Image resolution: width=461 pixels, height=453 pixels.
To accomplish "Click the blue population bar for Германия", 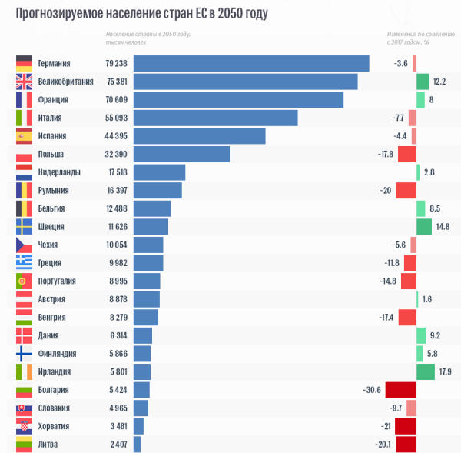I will click(x=251, y=63).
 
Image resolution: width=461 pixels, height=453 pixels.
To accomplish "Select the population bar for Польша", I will click(x=181, y=154).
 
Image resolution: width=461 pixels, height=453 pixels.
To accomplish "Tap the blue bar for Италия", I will click(x=215, y=118).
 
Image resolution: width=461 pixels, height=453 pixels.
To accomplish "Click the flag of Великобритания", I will click(x=24, y=82).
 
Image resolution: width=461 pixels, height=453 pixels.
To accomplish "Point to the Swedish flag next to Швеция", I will click(x=24, y=227).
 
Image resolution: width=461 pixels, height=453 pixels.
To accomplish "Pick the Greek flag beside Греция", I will click(x=24, y=263).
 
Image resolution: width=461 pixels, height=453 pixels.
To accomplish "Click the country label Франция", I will click(x=53, y=100).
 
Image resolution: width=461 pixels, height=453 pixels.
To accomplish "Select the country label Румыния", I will click(x=54, y=191).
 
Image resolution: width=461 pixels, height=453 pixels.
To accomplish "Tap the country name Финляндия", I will click(x=57, y=354).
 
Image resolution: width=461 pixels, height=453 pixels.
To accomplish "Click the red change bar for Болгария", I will click(x=400, y=390).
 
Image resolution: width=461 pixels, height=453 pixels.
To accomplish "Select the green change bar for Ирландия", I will click(x=425, y=372).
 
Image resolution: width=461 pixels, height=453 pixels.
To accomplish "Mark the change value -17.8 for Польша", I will click(x=386, y=154).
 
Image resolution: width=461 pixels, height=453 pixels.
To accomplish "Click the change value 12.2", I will click(x=439, y=82).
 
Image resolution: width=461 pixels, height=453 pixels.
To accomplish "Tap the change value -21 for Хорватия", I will click(x=386, y=426).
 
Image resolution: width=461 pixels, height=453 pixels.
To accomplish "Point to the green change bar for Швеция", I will click(x=423, y=227).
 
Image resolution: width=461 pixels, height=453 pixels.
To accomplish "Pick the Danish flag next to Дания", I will click(x=24, y=335).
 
